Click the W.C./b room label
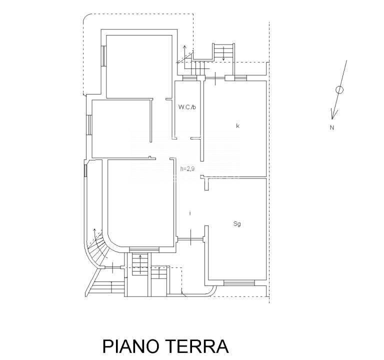coord(187,106)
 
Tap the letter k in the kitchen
coord(238,126)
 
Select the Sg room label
coord(237,224)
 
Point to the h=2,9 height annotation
coord(187,169)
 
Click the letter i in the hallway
coord(190,213)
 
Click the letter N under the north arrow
coord(331,127)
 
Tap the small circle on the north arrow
coord(339,90)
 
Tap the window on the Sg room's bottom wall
coord(238,283)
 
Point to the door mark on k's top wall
coord(214,77)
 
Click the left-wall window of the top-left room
coord(102,55)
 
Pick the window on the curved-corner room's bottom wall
coord(144,249)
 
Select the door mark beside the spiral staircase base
coord(114,267)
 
